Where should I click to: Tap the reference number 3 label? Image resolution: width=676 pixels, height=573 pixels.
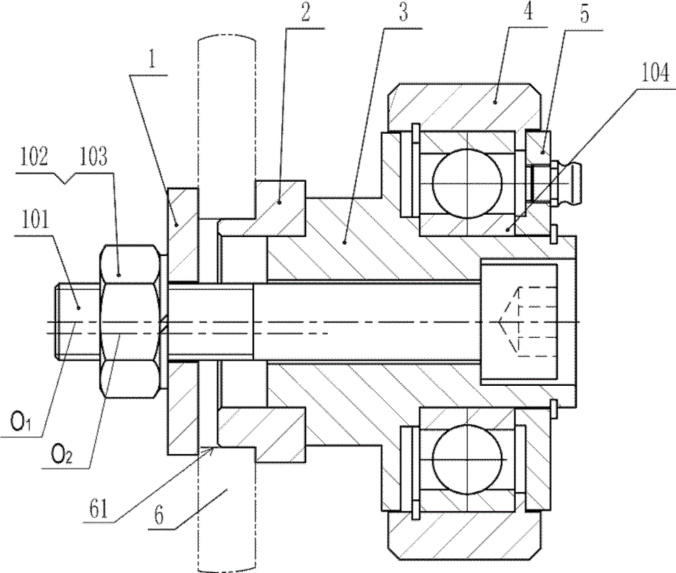[x=403, y=15]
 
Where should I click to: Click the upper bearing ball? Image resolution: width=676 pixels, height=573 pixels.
[x=468, y=182]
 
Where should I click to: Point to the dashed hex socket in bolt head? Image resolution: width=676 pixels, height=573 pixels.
[x=514, y=320]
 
